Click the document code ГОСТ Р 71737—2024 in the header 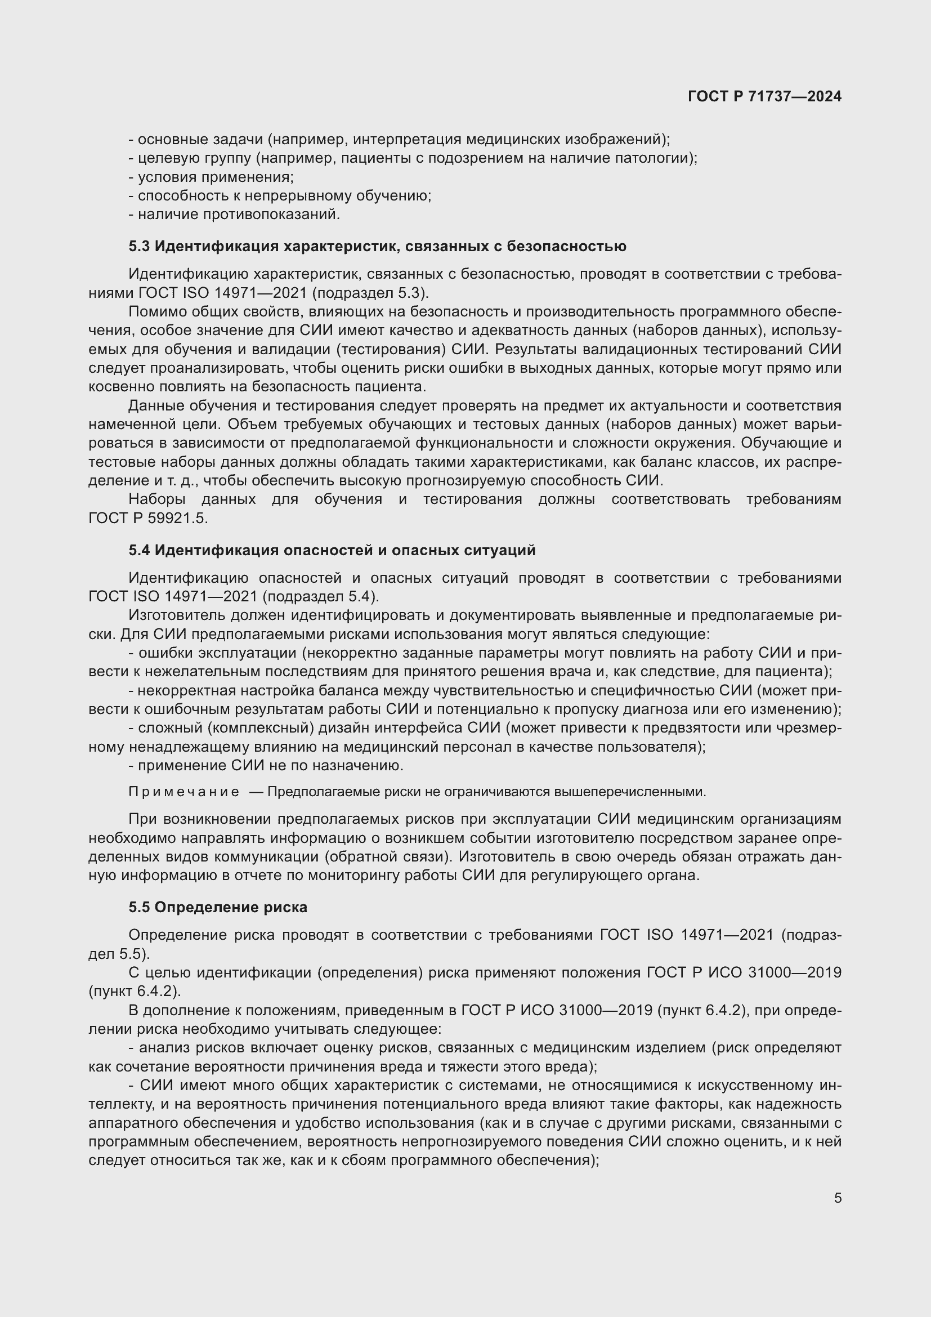(x=764, y=96)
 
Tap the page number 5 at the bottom (x=838, y=1198)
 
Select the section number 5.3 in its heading (x=138, y=247)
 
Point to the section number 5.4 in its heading (x=138, y=550)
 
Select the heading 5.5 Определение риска (x=218, y=907)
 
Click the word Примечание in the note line (x=184, y=792)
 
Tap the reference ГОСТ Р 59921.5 (x=148, y=518)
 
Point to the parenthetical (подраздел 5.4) (x=321, y=596)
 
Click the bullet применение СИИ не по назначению (x=266, y=766)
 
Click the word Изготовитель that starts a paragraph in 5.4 (x=175, y=615)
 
